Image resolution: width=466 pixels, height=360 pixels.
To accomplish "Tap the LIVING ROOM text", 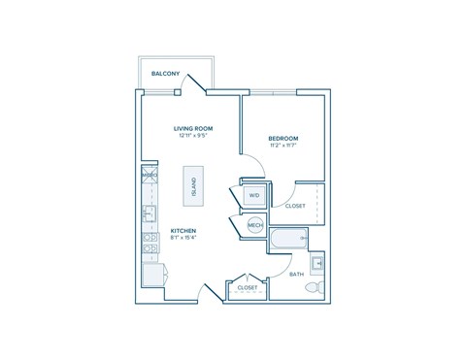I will [193, 128].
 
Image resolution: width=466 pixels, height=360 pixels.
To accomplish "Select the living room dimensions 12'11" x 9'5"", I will [193, 136].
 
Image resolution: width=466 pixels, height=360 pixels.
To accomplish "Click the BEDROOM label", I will [283, 139].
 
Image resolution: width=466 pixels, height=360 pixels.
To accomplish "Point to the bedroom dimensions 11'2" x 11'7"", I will [283, 147].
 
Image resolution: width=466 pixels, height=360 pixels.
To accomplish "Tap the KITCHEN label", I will [184, 231].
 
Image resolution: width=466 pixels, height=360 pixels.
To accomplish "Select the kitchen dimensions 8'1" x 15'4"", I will [184, 239].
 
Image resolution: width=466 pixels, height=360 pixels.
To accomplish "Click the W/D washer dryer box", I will [254, 195].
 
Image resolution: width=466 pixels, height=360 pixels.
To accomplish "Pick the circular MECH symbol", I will [255, 225].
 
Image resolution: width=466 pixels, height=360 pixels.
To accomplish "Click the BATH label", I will [296, 275].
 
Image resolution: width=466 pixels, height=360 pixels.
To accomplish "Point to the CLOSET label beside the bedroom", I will [295, 206].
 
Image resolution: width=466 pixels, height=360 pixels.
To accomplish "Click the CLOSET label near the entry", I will [247, 288].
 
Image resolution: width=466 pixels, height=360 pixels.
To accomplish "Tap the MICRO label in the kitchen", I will [150, 176].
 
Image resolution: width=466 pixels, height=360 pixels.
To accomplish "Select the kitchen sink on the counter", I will [150, 213].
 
